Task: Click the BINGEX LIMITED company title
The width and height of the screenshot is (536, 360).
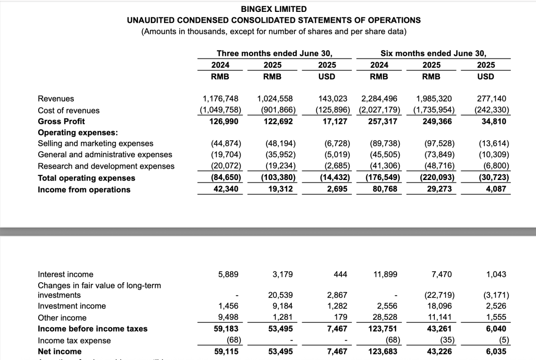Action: tap(273, 9)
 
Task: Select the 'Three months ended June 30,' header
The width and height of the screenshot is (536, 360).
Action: tap(274, 53)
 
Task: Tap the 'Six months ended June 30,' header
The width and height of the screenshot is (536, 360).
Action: tap(433, 53)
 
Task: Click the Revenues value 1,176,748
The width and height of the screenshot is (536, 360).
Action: tap(222, 99)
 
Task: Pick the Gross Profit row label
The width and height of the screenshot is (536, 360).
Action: tap(62, 121)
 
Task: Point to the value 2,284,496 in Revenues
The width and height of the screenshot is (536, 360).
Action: tap(380, 99)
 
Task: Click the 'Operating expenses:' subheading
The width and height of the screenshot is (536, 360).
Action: tap(78, 132)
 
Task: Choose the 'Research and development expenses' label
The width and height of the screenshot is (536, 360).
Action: tap(106, 166)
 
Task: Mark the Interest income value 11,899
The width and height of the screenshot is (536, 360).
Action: tap(385, 274)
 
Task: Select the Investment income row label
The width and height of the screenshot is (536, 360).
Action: tap(72, 306)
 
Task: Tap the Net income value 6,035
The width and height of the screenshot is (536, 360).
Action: tap(497, 352)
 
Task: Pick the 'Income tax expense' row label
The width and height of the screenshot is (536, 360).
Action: tap(74, 341)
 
